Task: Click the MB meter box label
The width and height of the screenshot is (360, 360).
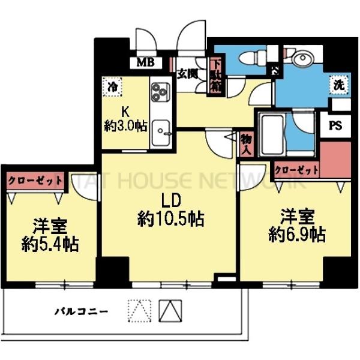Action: tap(145, 62)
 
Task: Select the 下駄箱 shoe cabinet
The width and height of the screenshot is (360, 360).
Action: tap(215, 76)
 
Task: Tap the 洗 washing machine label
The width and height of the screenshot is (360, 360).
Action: tap(339, 86)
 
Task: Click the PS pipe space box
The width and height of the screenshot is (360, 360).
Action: tap(337, 127)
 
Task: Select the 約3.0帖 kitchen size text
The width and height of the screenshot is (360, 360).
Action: tap(126, 127)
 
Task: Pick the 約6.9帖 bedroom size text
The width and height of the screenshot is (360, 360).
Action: tap(297, 234)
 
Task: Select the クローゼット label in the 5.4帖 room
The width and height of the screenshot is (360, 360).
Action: tap(34, 179)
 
